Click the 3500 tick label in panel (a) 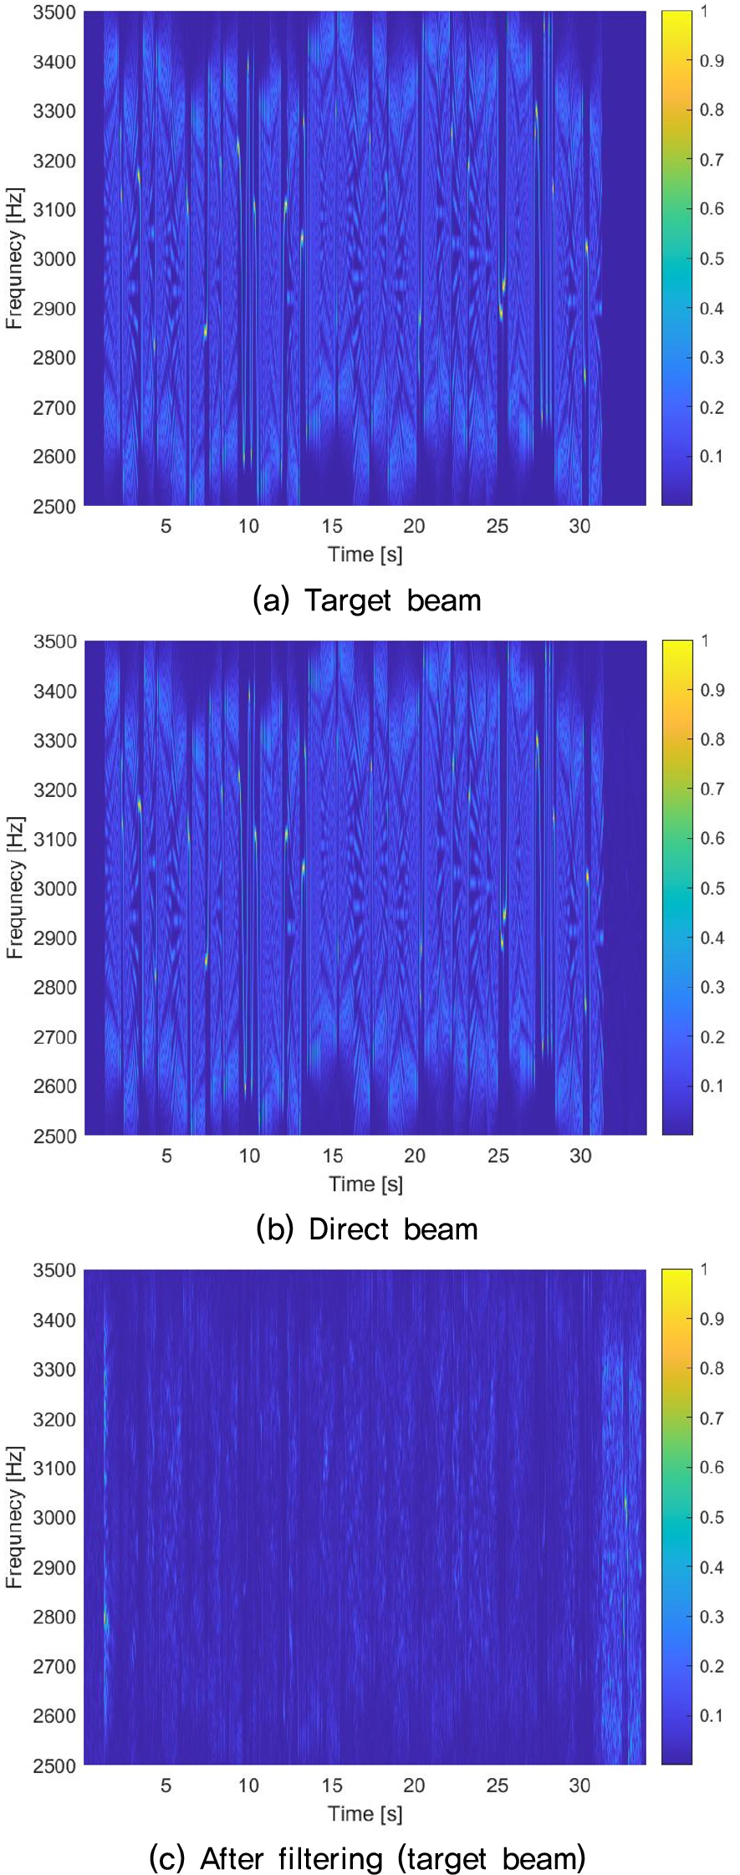click(x=54, y=13)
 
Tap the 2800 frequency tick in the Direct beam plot click(x=54, y=988)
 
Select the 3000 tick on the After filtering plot click(x=54, y=1518)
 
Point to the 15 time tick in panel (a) click(x=332, y=526)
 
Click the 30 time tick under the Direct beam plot click(x=580, y=1156)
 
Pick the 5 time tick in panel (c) click(x=166, y=1786)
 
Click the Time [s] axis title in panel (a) click(x=365, y=554)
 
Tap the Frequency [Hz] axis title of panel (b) click(x=14, y=888)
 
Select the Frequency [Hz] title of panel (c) click(x=14, y=1517)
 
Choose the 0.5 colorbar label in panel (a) click(x=712, y=258)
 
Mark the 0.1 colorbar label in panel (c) click(x=712, y=1715)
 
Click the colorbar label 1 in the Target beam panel click(x=704, y=12)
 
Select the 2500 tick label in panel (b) click(x=54, y=1136)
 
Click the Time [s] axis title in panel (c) click(x=365, y=1814)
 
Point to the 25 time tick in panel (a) click(x=498, y=526)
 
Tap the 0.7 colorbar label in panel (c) click(x=712, y=1418)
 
